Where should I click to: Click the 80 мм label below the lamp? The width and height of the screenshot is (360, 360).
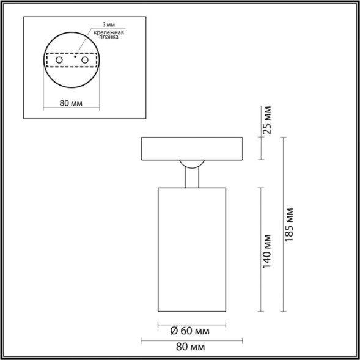pyautogui.click(x=190, y=347)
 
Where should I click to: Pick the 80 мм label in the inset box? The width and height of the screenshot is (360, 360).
pyautogui.click(x=72, y=103)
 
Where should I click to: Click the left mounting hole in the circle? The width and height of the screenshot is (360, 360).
pyautogui.click(x=59, y=62)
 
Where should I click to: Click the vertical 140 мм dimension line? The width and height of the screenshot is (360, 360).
pyautogui.click(x=262, y=251)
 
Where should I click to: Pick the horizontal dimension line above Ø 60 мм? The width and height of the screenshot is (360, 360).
pyautogui.click(x=192, y=322)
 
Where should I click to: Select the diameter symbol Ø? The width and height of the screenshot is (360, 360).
pyautogui.click(x=174, y=331)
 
